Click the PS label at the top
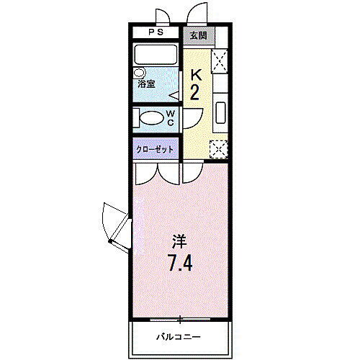[x=156, y=33]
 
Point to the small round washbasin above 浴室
[x=140, y=73]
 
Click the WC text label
[x=171, y=118]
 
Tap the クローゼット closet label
[x=156, y=149]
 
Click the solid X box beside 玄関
[x=220, y=60]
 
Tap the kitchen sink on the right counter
[x=220, y=112]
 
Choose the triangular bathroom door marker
[x=174, y=95]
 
